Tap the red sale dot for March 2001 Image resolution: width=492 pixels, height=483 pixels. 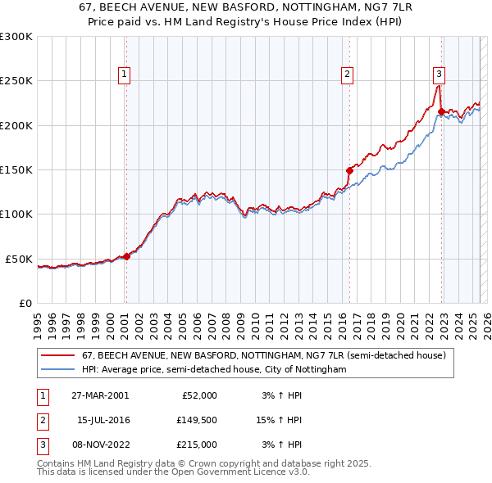point(126,256)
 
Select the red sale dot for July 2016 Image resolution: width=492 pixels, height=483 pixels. point(349,170)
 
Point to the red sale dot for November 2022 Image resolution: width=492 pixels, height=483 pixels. point(441,111)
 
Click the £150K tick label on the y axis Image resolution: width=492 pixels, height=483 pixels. point(16,170)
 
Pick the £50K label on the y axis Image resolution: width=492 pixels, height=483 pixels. point(20,259)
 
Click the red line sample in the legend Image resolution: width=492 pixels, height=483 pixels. point(57,356)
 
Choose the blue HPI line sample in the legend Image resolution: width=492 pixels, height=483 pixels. point(57,370)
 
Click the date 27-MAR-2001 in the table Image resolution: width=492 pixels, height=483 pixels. point(100,395)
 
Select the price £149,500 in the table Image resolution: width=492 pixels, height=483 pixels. point(198,420)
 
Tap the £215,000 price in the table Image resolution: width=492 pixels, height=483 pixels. point(198,445)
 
